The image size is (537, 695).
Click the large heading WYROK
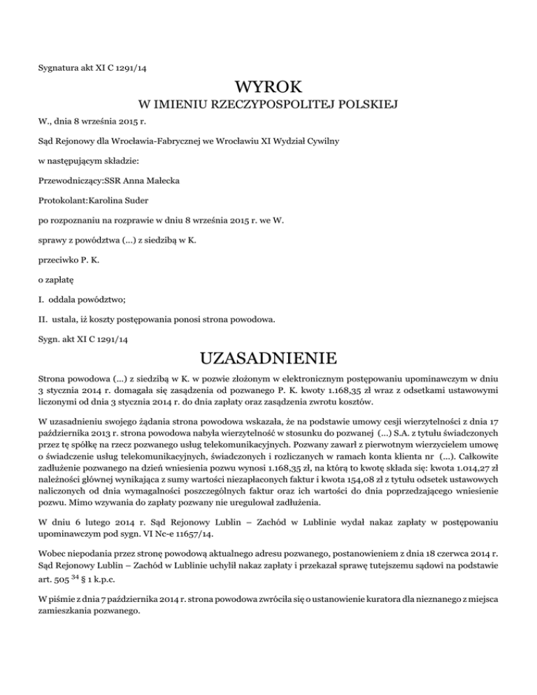point(269,87)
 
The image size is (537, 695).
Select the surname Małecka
point(162,180)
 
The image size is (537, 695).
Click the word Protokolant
point(62,200)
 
